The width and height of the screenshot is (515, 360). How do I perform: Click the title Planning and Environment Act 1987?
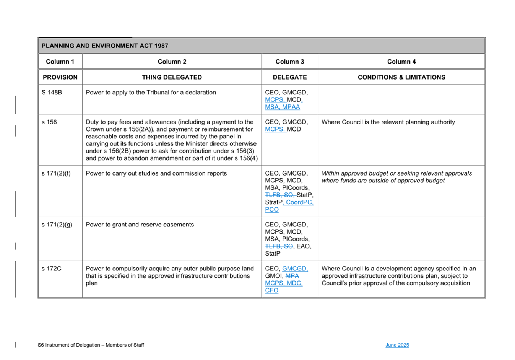pos(105,46)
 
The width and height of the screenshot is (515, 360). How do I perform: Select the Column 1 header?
pos(60,62)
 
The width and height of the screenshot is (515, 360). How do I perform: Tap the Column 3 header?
pos(289,62)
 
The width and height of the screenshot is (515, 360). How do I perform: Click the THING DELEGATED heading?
pos(172,77)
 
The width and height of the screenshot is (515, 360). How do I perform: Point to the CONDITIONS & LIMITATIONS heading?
pos(401,77)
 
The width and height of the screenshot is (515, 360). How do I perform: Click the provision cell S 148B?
pos(52,93)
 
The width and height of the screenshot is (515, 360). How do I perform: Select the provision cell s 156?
pos(49,122)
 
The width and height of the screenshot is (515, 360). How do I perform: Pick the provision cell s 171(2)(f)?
pos(56,174)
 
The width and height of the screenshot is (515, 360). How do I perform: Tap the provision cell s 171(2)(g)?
pos(57,225)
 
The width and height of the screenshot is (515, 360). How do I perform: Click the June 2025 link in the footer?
pos(397,345)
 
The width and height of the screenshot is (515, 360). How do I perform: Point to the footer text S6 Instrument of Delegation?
pos(91,345)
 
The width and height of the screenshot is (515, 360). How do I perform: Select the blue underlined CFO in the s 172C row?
pos(271,291)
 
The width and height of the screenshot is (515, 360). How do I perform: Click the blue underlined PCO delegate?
pos(271,210)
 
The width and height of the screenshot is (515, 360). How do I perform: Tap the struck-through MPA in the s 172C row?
pos(292,276)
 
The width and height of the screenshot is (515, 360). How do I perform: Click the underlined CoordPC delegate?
pos(299,202)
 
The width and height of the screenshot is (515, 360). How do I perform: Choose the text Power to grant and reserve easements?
pos(140,225)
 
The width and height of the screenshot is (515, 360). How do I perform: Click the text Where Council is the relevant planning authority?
pos(388,122)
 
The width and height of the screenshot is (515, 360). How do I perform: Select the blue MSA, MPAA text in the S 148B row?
pos(282,107)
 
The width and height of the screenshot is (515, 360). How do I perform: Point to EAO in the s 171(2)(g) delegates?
pos(304,246)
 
